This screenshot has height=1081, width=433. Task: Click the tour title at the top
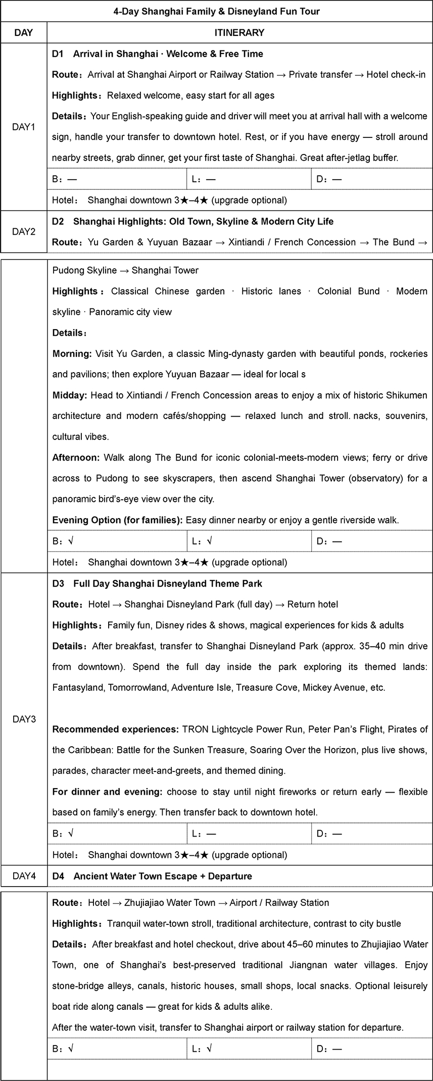coord(216,11)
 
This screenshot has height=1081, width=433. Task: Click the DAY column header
coord(23,33)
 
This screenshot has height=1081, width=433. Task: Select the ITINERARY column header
coord(239,33)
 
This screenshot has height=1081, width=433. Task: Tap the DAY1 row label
coord(23,127)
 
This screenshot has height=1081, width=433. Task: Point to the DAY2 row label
coord(23,232)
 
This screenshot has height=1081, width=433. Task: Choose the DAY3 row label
coord(23,719)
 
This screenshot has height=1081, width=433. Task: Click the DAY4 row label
coord(23,876)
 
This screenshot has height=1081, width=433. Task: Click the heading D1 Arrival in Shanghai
coord(158,54)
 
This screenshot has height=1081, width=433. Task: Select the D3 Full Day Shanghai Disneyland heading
coord(158,584)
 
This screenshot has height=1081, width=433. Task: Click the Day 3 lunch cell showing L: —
coord(249,834)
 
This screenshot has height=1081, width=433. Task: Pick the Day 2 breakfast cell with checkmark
coord(116,541)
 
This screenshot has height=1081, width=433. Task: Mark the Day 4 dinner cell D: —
coord(371,1049)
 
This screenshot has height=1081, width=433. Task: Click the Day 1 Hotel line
coord(170,200)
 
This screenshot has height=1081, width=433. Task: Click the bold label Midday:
coord(70,395)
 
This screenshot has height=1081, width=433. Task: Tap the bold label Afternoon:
coord(76,457)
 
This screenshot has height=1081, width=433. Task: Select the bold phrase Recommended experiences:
coord(116,729)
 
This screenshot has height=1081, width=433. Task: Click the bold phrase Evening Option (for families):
coord(118,520)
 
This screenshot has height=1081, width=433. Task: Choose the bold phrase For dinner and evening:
coord(108,792)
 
